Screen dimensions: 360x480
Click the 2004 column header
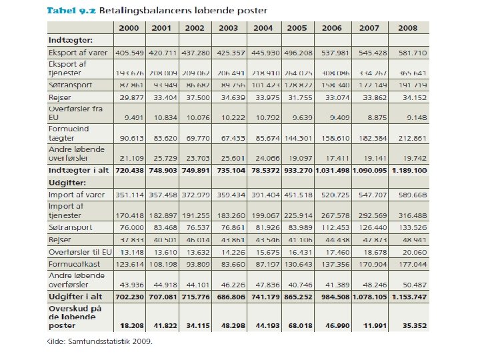pyautogui.click(x=263, y=28)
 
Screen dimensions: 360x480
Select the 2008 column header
pyautogui.click(x=407, y=28)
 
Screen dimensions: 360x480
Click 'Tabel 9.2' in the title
pyautogui.click(x=69, y=10)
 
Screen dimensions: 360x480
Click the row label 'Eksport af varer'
pyautogui.click(x=77, y=52)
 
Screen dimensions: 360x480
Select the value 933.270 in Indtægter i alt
pyautogui.click(x=297, y=171)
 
